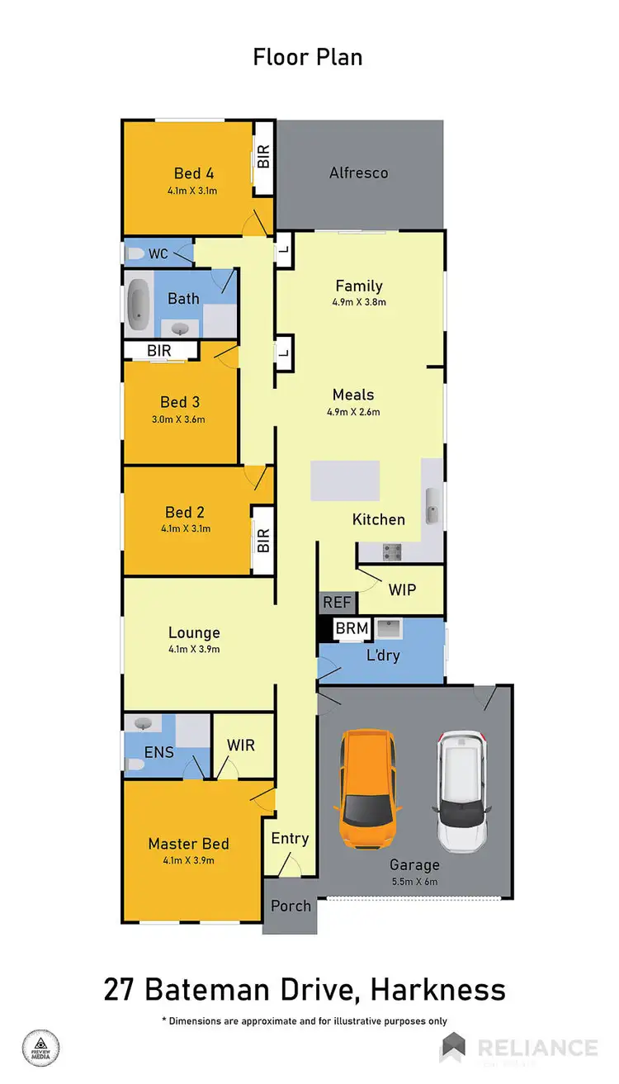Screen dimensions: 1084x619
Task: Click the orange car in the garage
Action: (368, 788)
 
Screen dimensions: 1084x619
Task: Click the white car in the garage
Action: (463, 790)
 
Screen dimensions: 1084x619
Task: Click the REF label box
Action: (337, 603)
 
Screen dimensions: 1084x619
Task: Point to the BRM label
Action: (352, 628)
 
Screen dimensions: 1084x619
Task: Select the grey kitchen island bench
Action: (345, 480)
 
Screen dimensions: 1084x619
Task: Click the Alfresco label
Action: (358, 173)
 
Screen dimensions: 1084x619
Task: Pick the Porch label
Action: (291, 906)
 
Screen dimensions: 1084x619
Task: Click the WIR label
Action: (241, 745)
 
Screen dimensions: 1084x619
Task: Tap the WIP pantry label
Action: (402, 589)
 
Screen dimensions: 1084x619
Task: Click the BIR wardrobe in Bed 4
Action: (263, 158)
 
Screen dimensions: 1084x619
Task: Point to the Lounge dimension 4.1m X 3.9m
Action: (194, 649)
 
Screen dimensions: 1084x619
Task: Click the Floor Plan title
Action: (308, 57)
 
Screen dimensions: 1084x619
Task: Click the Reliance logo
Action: (521, 1048)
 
